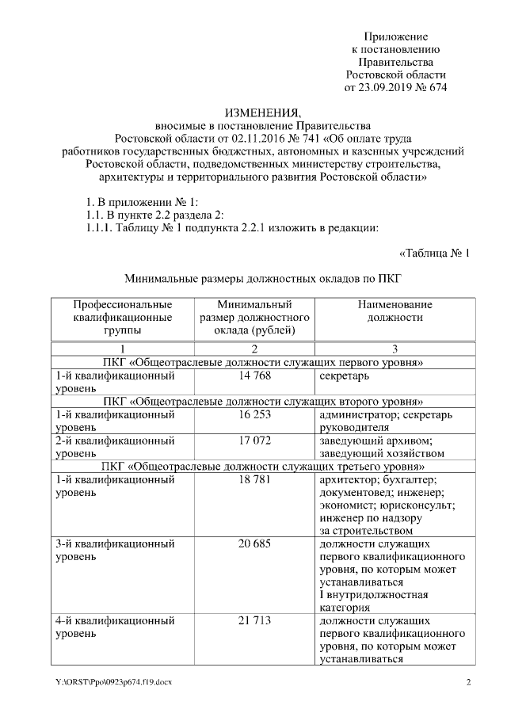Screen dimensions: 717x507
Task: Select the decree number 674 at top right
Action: coord(436,87)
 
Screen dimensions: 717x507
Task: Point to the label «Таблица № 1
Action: coord(434,254)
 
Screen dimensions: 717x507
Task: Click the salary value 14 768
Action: coord(253,376)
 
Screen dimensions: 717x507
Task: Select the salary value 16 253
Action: coord(253,414)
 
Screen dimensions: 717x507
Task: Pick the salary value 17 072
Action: coord(253,440)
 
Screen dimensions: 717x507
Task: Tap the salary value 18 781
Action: coord(253,479)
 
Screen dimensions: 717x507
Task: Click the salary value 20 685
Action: coord(253,545)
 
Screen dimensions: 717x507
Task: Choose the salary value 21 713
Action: coord(253,621)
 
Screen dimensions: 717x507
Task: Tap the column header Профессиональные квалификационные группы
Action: coord(122,317)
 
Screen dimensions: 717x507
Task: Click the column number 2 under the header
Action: coord(253,349)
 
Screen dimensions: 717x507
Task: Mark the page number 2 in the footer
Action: coord(468,682)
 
